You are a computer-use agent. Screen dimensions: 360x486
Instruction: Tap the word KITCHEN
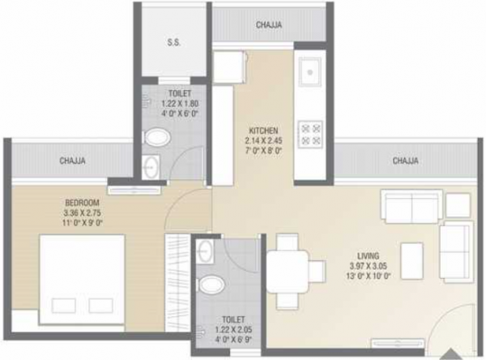tap(264, 130)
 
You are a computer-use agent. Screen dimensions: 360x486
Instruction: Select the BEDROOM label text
tap(83, 202)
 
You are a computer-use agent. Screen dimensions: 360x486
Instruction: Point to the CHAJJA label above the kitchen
tap(269, 26)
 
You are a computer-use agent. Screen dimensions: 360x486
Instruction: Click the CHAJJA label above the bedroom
tap(74, 161)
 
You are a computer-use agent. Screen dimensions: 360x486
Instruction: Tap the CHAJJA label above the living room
tap(406, 161)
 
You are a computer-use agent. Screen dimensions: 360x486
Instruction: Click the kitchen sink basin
tap(310, 73)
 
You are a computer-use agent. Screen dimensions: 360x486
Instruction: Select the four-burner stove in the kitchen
tap(310, 133)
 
